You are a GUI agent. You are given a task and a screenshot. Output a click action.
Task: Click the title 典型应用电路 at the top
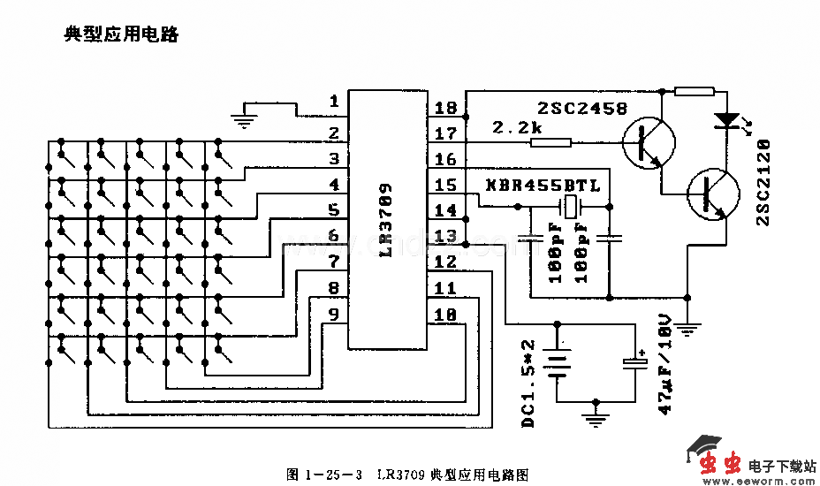point(121,35)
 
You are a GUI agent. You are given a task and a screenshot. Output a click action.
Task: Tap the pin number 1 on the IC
point(334,102)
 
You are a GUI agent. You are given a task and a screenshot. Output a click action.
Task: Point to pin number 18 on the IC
point(446,108)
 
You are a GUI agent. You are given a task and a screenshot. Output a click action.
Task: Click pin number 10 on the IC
point(446,314)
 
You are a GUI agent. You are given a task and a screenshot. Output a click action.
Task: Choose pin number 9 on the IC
point(334,314)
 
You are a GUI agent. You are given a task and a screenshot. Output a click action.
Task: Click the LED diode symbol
point(727,119)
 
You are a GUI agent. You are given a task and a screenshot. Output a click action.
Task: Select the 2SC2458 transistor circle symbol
point(649,142)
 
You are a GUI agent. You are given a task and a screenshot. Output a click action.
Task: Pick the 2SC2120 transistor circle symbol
point(713,194)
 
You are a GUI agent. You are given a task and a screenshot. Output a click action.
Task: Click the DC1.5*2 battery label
point(528,384)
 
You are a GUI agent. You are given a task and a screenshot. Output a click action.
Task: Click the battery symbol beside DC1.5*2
point(558,364)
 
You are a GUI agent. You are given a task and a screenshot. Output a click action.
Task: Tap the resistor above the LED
point(694,90)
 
